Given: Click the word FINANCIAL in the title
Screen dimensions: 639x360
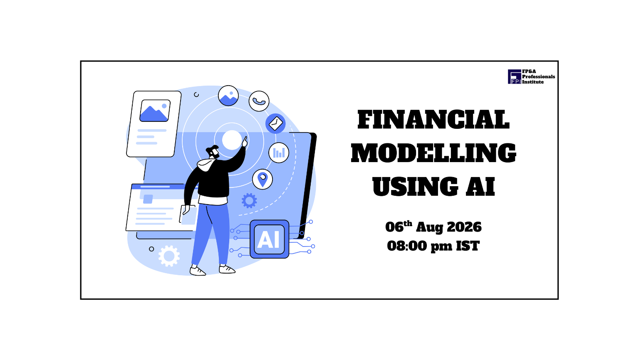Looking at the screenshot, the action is [433, 119].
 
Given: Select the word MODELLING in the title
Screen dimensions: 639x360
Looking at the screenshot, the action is [433, 153].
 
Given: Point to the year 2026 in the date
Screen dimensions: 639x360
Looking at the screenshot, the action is [464, 227].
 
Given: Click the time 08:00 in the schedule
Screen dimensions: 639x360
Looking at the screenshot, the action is [408, 246].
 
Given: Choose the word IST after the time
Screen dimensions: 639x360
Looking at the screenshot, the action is [468, 246].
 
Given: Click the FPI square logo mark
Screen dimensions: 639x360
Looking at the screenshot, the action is [514, 76].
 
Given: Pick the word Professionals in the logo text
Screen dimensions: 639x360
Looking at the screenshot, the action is [539, 76].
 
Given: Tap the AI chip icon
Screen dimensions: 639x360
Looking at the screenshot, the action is [269, 239].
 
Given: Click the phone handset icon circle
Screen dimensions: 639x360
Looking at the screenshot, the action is [259, 101].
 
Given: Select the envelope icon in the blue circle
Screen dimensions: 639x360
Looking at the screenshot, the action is [275, 124].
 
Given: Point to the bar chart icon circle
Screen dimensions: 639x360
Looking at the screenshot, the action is [279, 153].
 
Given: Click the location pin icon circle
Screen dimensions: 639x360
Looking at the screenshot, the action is [263, 179].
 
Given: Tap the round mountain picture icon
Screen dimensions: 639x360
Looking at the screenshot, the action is [228, 96].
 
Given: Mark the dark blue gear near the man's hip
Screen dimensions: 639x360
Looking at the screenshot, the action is [249, 201].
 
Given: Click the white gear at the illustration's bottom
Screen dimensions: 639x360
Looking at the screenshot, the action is [169, 256].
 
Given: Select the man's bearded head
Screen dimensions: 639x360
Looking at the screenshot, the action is [213, 152].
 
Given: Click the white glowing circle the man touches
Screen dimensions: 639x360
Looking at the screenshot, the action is [232, 140].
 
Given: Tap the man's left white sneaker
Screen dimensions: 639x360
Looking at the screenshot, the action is [198, 271].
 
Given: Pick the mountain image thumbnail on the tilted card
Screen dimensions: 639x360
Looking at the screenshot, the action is [155, 111].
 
